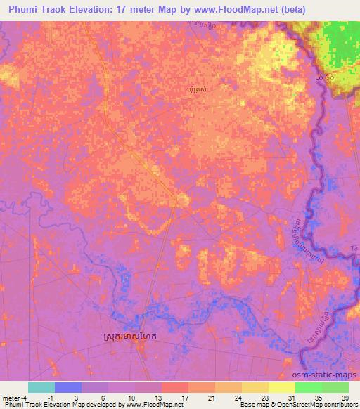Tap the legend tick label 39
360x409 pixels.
tap(345, 397)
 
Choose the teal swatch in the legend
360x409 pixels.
tap(41, 387)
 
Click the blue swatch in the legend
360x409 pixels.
tap(68, 387)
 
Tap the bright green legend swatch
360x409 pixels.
tap(309, 387)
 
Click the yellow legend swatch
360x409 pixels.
tap(281, 387)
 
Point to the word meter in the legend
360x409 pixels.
tap(11, 397)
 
